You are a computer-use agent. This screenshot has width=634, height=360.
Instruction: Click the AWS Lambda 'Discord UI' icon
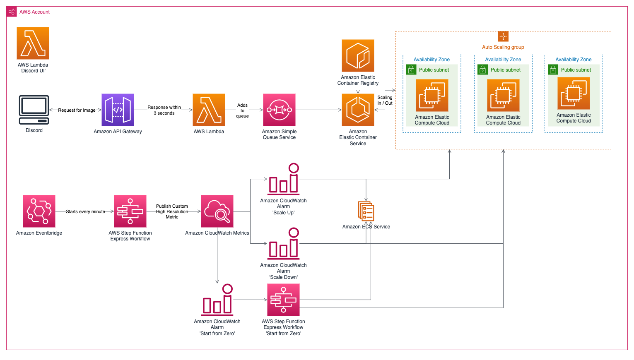pos(33,43)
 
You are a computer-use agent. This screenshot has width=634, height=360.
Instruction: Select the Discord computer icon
pos(34,110)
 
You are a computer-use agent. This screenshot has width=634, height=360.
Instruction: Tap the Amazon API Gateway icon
pos(118,110)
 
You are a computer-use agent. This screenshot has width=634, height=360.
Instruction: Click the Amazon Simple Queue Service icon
pos(279,110)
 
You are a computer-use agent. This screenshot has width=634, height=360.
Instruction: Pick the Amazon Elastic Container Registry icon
pos(358,55)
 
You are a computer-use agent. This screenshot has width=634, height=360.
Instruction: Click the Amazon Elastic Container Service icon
pos(358,110)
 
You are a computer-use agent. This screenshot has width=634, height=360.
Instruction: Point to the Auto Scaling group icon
pos(503,36)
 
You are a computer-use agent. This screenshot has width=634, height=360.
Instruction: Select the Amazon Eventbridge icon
pos(39,211)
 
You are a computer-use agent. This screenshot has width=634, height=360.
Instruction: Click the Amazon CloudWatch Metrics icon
pos(217,211)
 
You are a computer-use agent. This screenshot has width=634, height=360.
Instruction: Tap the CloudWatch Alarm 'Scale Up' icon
pos(284,179)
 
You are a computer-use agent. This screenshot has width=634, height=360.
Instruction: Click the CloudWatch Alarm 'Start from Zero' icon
pos(217,300)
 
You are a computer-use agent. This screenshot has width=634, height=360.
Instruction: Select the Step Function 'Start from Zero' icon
pos(284,300)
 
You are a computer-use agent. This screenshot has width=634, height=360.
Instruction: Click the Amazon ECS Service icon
pos(366,211)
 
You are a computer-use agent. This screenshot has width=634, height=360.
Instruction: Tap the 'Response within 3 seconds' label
pos(164,110)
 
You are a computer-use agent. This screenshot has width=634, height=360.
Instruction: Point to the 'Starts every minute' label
pos(85,211)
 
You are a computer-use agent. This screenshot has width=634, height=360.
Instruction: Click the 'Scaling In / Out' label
pos(385,100)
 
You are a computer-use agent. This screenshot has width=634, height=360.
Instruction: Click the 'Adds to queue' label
pos(243,110)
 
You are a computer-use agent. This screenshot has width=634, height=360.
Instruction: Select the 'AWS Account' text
pos(34,12)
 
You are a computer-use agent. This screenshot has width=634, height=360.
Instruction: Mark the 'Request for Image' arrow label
pos(77,110)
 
